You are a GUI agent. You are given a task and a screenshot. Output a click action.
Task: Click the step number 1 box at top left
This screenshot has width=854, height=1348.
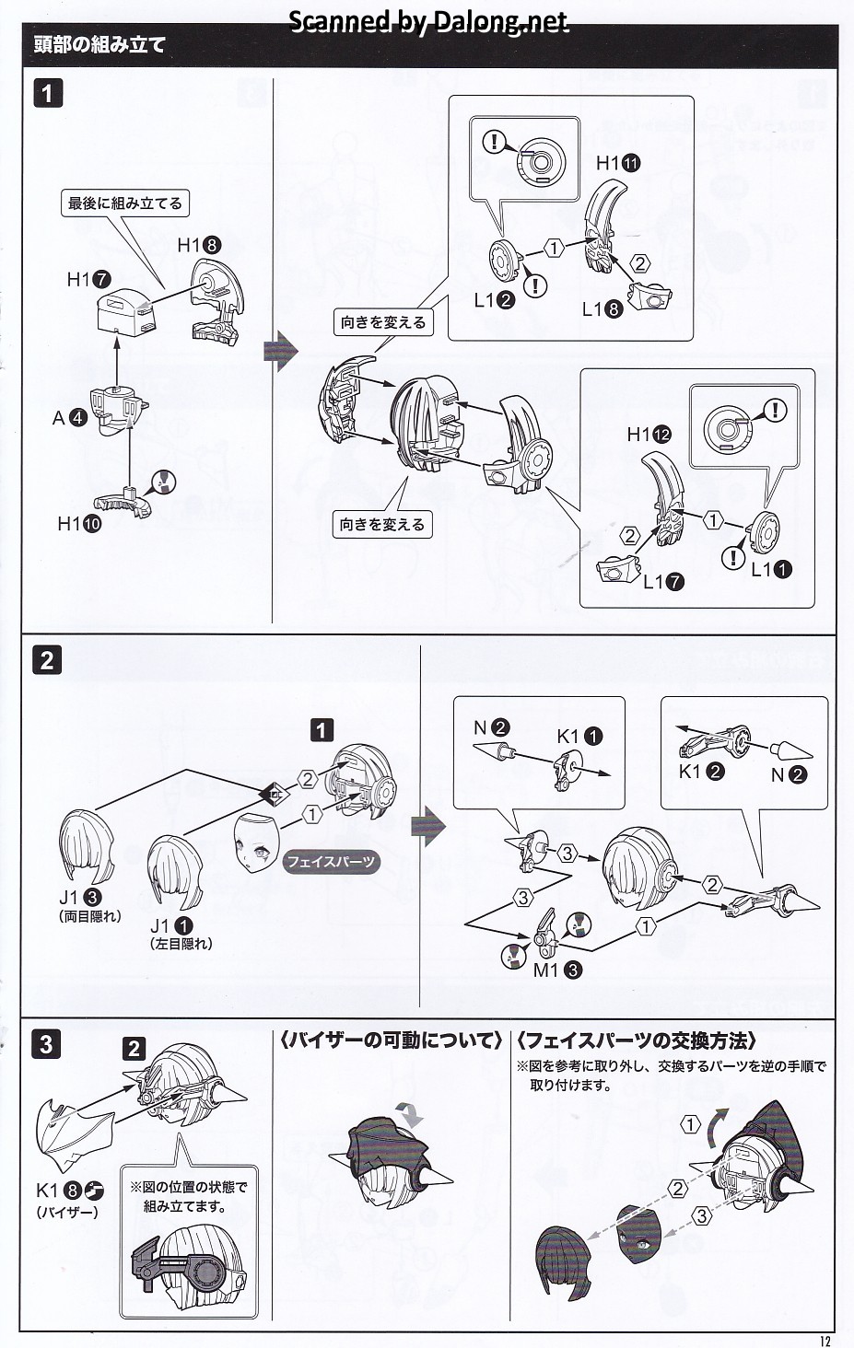coord(48,93)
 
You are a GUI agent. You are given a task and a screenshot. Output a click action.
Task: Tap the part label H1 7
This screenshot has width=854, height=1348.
coord(88,279)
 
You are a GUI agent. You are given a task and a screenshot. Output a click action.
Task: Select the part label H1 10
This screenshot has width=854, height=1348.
coord(78,524)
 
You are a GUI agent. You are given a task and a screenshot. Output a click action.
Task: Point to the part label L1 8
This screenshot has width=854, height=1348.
coord(602,309)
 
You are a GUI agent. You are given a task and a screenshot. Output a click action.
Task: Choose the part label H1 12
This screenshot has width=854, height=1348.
coord(649,435)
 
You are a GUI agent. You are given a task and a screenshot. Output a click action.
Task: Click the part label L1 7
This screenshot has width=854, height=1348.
coord(663,581)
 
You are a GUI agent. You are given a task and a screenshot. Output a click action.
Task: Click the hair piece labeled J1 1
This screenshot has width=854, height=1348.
coord(173,870)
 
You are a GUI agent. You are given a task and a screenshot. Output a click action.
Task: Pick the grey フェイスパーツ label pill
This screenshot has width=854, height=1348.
coord(331,862)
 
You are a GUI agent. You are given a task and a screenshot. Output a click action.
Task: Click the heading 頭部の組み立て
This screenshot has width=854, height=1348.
coord(99,44)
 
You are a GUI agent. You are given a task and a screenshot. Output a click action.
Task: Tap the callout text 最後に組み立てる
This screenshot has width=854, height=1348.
coord(125,203)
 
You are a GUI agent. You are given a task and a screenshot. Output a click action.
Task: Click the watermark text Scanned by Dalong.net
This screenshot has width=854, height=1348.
coord(428,21)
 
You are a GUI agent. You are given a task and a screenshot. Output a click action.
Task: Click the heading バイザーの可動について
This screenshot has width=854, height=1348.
coord(391,1040)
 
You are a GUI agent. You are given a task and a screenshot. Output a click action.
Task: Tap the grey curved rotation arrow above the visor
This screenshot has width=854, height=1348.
coord(410,1113)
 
